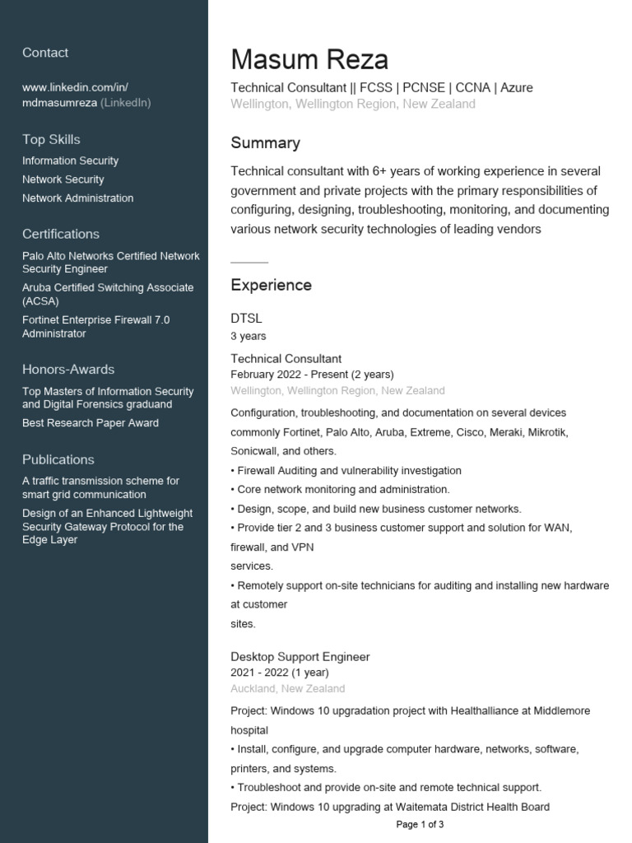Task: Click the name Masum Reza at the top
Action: click(309, 60)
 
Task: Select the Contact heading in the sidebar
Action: click(45, 53)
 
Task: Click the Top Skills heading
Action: click(51, 139)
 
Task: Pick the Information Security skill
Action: click(70, 161)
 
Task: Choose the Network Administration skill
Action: click(77, 198)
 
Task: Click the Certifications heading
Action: click(61, 234)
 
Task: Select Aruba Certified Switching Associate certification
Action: click(108, 294)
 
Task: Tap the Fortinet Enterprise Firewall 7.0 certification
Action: click(95, 326)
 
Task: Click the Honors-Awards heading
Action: click(68, 369)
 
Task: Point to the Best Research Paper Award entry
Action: click(91, 422)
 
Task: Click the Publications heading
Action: click(58, 459)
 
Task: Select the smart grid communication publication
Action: click(100, 487)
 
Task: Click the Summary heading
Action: click(265, 143)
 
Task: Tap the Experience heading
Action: click(271, 285)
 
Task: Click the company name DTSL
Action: click(246, 318)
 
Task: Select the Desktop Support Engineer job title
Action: click(300, 657)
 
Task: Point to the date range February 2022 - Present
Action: click(312, 374)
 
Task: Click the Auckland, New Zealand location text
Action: click(287, 688)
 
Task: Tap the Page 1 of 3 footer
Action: click(420, 824)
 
